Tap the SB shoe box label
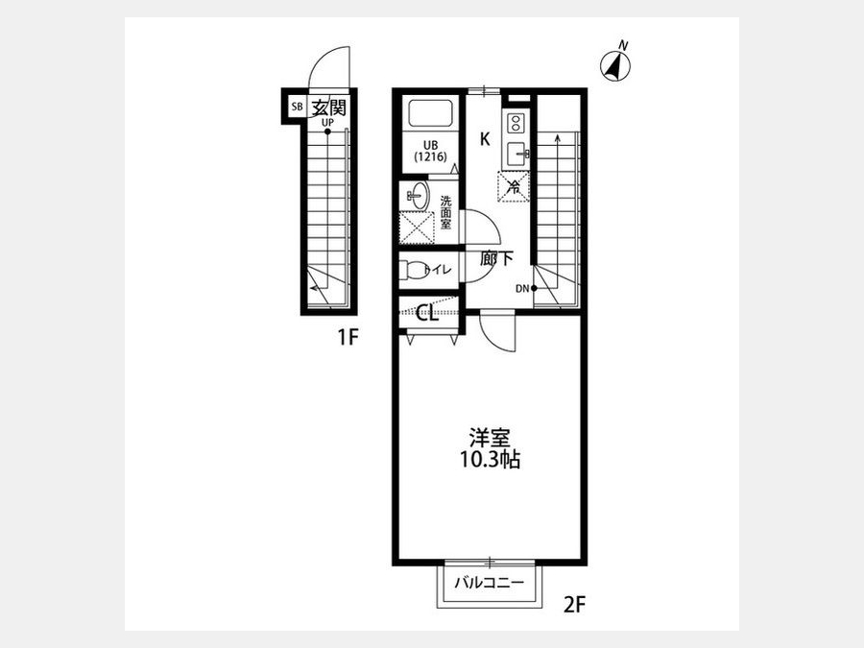[x=297, y=107]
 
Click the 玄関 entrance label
[x=329, y=107]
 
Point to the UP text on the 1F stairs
[x=327, y=121]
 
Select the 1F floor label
[x=348, y=337]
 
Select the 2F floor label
[x=574, y=606]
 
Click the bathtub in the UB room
[x=431, y=114]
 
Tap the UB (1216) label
[x=431, y=151]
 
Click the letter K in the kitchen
[x=485, y=139]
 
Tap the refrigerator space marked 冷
[x=514, y=187]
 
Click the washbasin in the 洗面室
[x=420, y=196]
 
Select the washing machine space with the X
[x=417, y=227]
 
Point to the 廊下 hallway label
[x=496, y=258]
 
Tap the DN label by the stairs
[x=522, y=288]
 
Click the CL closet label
[x=427, y=314]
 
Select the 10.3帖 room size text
[x=490, y=460]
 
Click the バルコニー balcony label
[x=490, y=583]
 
